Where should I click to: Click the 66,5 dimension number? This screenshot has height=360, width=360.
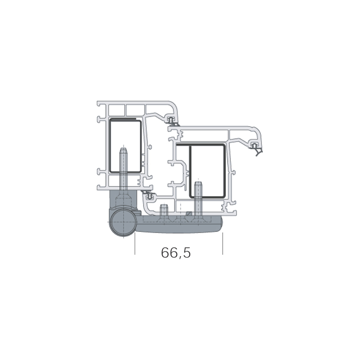pos(176,253)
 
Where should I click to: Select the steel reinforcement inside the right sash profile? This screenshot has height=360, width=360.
pos(207,171)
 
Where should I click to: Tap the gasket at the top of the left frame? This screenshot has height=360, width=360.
pos(171,121)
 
